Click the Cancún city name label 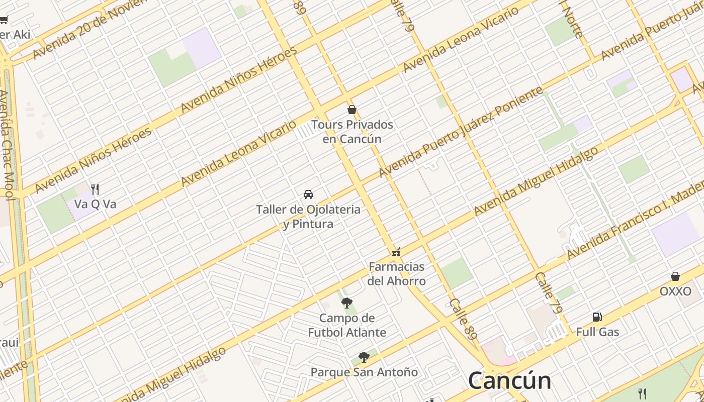click(509, 380)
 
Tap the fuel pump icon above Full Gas click(597, 317)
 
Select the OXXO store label click(675, 291)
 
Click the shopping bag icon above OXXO click(675, 276)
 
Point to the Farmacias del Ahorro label click(396, 274)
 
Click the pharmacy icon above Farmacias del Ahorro click(396, 252)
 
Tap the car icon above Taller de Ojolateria click(308, 194)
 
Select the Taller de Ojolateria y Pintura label click(308, 217)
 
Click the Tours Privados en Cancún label click(352, 132)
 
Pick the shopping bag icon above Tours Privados click(352, 110)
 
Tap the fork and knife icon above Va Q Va click(95, 189)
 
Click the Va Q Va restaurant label click(95, 204)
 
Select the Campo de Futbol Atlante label click(347, 325)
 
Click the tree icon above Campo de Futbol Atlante click(346, 303)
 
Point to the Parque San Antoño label click(364, 372)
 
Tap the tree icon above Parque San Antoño click(364, 357)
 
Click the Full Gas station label click(597, 332)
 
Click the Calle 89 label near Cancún click(463, 319)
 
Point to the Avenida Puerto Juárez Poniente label click(461, 132)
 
